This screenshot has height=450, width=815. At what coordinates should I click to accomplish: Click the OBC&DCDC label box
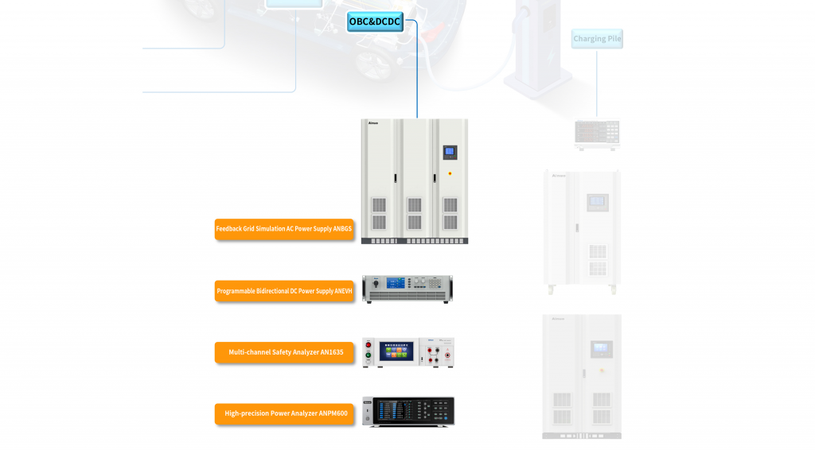point(375,22)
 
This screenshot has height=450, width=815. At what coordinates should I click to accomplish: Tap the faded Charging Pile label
point(597,38)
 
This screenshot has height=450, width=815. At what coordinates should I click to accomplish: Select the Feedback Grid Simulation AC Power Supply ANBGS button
point(284,229)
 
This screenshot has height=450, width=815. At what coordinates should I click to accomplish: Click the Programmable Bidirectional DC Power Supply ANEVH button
point(284,291)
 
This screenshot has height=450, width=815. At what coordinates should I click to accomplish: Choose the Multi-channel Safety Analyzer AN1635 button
point(284,352)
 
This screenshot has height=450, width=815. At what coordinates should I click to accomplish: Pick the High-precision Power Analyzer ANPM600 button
point(284,413)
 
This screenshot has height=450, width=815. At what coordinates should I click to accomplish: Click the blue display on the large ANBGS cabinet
point(450,151)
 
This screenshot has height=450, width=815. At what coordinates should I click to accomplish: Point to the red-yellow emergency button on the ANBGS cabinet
point(450,173)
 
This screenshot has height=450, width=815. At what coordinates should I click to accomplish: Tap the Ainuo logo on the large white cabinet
point(374,124)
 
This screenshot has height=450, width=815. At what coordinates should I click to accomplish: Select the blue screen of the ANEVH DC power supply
point(396,283)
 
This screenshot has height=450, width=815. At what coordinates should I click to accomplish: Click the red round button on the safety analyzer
point(368,343)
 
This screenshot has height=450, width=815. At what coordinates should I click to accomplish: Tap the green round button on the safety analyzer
point(368,355)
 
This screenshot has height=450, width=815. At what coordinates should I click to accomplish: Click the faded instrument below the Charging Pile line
point(597,134)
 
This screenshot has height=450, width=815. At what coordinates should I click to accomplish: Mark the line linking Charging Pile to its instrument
point(597,83)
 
